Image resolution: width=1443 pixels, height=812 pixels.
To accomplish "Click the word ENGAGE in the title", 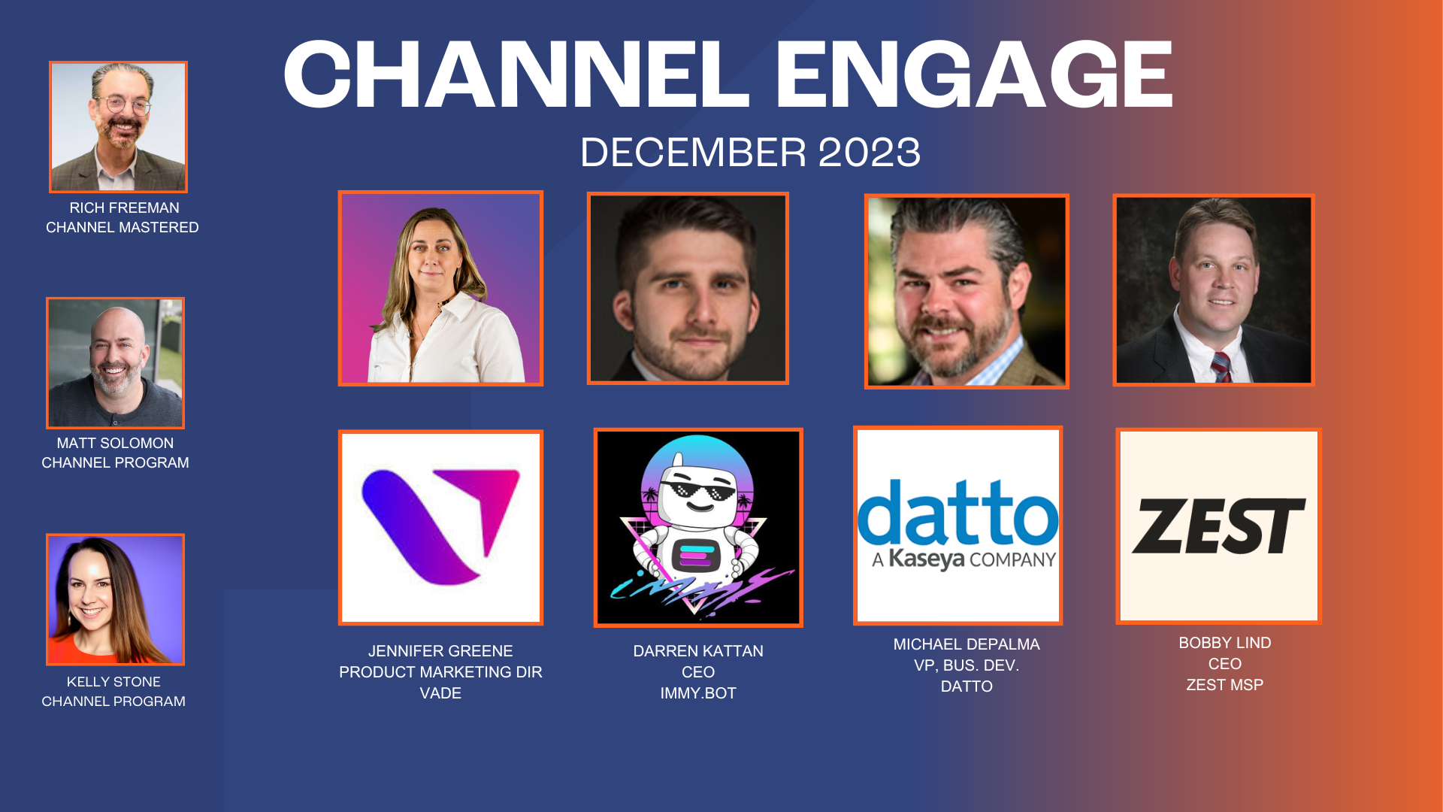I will point(973,75).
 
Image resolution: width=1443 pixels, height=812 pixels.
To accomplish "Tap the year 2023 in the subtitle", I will point(869,153).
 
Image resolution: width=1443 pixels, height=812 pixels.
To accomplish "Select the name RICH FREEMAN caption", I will point(124,208).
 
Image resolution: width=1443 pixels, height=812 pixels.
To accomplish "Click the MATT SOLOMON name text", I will point(115,444).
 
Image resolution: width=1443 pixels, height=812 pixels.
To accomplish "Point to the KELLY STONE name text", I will point(113,682).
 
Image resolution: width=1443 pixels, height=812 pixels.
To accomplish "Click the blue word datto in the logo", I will point(957,513).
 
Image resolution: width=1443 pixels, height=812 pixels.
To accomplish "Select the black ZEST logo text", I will point(1218,526).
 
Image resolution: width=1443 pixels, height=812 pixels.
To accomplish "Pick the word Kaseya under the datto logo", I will point(926,559).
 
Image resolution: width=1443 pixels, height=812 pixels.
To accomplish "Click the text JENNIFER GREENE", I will point(440,651).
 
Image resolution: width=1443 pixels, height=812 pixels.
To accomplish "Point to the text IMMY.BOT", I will point(698,693).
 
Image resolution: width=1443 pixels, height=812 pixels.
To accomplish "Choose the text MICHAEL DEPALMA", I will point(967,644).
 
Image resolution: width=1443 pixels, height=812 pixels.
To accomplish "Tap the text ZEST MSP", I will point(1224,685).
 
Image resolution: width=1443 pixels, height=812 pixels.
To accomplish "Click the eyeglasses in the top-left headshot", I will point(123,104).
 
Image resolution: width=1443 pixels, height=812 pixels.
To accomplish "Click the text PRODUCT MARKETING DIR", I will point(440,672).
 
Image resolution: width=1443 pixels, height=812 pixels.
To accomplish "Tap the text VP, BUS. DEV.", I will point(967,665).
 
